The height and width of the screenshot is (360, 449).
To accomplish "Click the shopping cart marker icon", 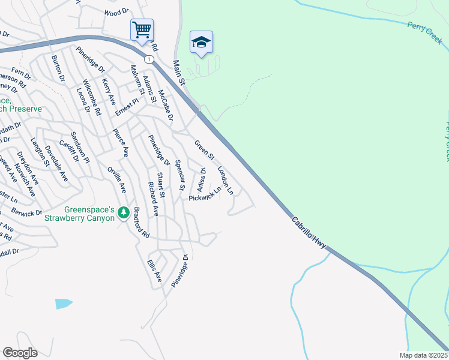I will (x=142, y=29).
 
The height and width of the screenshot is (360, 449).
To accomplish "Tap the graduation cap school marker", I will (x=202, y=42).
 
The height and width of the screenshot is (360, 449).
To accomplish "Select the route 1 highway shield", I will (x=148, y=59).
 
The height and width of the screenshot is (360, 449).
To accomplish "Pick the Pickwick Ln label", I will (x=205, y=194).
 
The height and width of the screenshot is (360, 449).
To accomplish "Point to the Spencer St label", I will (x=179, y=175).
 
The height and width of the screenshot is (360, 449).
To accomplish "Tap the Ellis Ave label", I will (x=155, y=271).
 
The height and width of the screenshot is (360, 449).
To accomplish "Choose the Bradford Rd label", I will (x=141, y=223).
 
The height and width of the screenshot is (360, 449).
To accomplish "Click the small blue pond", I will (x=63, y=304).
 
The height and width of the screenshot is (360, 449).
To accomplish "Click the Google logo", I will (x=20, y=353).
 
